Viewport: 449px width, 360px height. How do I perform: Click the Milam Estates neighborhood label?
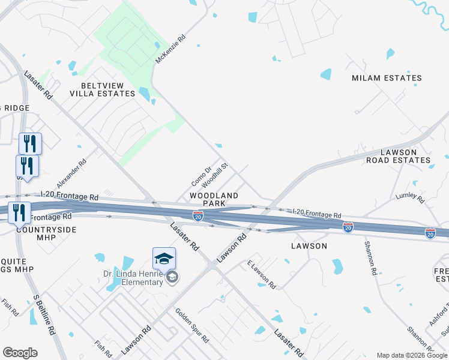[x=387, y=78]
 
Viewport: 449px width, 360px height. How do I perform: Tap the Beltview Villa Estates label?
[x=102, y=89]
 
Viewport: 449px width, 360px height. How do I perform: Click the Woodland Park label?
[x=214, y=199]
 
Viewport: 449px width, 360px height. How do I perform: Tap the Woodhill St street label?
[x=215, y=174]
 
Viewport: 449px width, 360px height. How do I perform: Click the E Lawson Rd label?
[x=261, y=275]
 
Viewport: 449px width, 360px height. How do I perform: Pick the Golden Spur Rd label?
[x=191, y=325]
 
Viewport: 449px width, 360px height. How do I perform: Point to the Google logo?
[x=20, y=353]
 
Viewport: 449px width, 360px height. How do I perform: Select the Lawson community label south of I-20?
[x=309, y=246]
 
